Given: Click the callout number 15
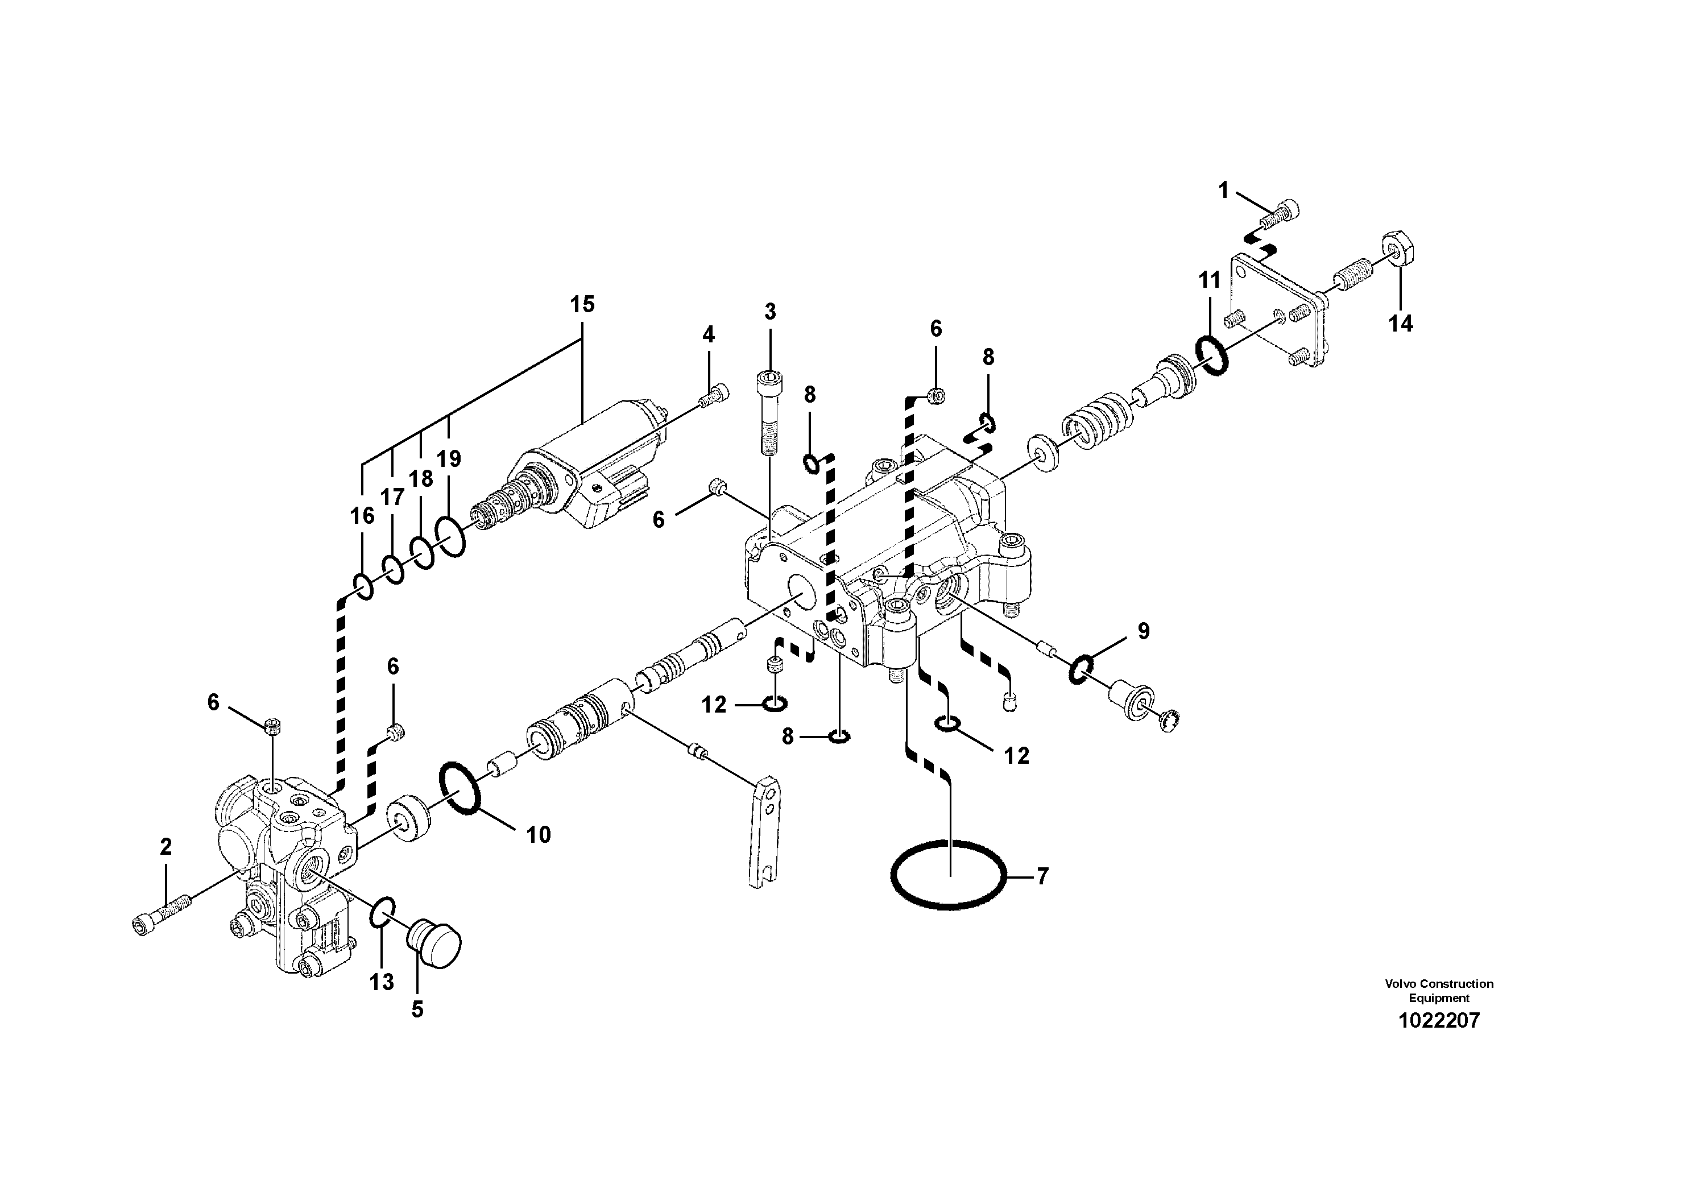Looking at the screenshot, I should click(x=582, y=304).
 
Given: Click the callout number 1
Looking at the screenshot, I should click(x=1223, y=191).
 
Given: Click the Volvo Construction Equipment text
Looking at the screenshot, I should click(x=1439, y=990).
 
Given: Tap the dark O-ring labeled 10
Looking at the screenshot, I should click(x=461, y=788).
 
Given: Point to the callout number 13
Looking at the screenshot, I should click(x=382, y=982).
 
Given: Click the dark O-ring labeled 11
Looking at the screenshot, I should click(x=1211, y=355).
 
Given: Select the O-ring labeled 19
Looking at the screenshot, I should click(x=450, y=536).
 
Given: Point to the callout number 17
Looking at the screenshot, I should click(x=392, y=497).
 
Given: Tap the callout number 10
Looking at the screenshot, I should click(x=539, y=835).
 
